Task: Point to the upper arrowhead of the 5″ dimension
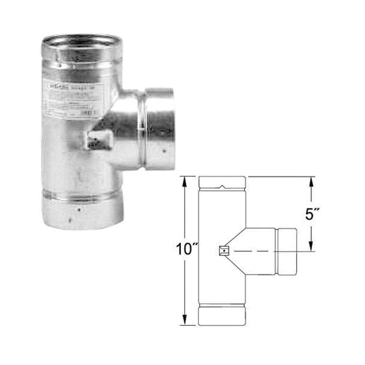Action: click(x=311, y=181)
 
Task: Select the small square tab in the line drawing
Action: click(x=224, y=251)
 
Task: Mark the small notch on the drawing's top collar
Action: click(x=222, y=187)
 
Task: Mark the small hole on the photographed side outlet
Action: click(x=165, y=150)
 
